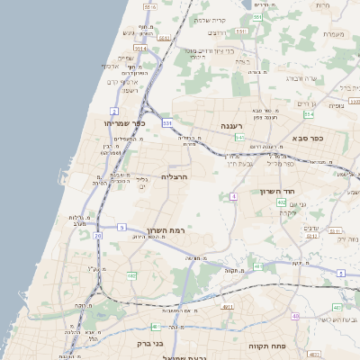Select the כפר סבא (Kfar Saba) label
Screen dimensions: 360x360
click(308, 139)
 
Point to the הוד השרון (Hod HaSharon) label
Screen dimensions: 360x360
click(277, 192)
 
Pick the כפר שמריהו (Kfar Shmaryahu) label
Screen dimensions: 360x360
click(124, 122)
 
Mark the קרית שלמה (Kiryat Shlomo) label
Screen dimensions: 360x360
click(234, 21)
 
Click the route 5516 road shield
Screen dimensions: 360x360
click(149, 6)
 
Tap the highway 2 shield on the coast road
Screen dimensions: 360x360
click(115, 111)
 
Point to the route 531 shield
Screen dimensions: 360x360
click(166, 121)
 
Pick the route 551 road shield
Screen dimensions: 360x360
click(257, 17)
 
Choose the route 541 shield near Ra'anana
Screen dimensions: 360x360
click(239, 138)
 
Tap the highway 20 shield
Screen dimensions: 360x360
click(97, 236)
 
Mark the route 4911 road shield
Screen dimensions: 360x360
click(228, 307)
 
